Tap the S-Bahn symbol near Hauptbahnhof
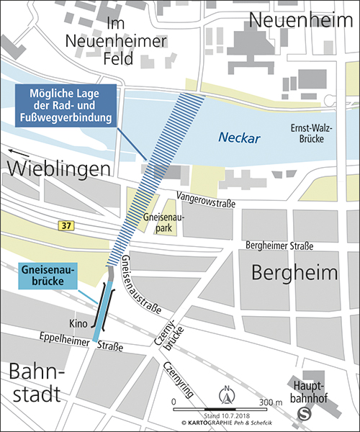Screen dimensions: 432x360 [x=305, y=413]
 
